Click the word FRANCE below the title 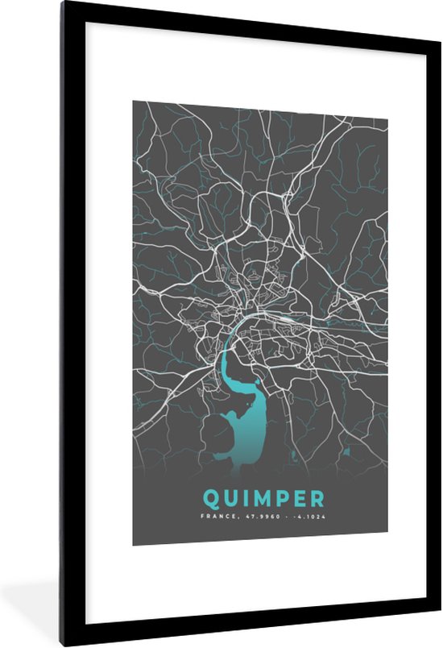(216, 516)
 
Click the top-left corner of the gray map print (134, 102)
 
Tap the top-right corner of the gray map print (387, 102)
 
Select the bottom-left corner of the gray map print (134, 544)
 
